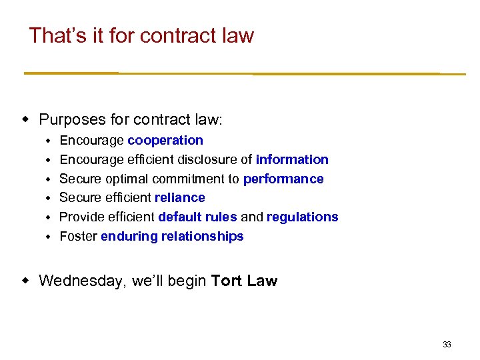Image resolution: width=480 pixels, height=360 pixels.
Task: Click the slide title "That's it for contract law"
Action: [x=141, y=35]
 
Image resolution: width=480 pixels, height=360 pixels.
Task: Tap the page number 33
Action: [x=447, y=345]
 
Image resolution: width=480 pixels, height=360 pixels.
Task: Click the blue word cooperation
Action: [x=165, y=140]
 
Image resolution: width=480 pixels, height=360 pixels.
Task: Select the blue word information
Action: [x=292, y=159]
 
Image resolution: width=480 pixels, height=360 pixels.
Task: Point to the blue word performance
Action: [x=283, y=179]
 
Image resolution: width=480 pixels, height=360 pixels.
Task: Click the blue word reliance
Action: [x=180, y=197]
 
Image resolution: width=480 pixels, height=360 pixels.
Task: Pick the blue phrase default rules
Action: [x=197, y=217]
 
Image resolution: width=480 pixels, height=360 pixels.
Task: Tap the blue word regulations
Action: [x=303, y=217]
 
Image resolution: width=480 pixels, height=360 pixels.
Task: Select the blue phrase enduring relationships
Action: [x=172, y=236]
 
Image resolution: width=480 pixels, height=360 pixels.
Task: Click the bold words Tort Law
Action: [x=244, y=281]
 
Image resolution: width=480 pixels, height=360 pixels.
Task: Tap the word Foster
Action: [x=79, y=236]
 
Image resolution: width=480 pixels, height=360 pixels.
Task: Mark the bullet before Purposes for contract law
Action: [x=26, y=120]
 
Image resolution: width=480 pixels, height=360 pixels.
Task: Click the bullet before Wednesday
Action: [x=26, y=281]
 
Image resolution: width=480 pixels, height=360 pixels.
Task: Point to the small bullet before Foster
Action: [x=48, y=237]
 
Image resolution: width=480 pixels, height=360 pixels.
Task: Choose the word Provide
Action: [x=81, y=217]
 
